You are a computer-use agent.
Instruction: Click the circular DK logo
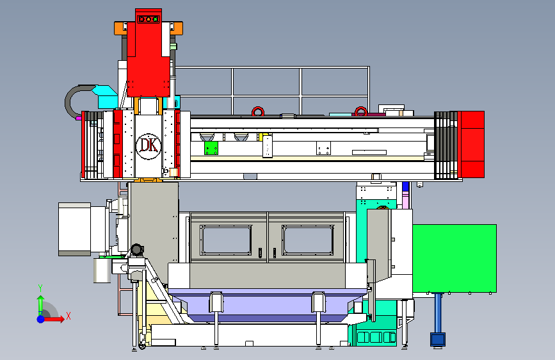149,146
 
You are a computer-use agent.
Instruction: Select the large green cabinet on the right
454,258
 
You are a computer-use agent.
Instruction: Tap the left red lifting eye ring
258,111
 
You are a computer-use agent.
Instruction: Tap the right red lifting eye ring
361,111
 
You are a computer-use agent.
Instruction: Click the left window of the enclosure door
226,240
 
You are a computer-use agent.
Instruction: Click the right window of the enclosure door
308,240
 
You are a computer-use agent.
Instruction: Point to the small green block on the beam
211,148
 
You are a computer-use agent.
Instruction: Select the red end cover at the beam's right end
472,145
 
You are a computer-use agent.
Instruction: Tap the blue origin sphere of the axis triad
41,319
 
